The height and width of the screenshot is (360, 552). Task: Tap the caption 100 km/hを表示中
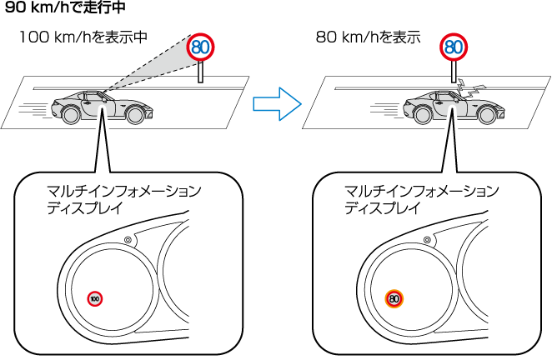[x=83, y=37]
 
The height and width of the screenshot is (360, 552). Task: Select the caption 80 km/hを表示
[x=368, y=37]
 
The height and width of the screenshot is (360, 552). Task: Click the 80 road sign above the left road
[x=200, y=47]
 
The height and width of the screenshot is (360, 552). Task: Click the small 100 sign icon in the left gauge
[x=96, y=297]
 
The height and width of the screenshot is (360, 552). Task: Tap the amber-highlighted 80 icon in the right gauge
[x=394, y=297]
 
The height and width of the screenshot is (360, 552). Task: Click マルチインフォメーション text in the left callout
[x=125, y=192]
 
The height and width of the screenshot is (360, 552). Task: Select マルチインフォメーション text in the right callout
[x=422, y=192]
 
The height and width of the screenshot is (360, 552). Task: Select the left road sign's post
[x=200, y=72]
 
